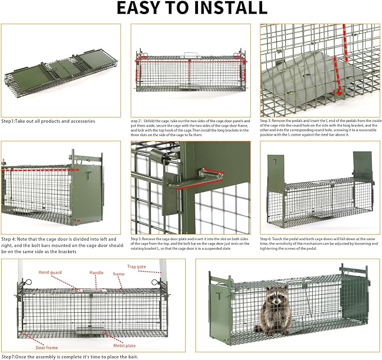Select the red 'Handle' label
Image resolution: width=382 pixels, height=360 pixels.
[96, 272]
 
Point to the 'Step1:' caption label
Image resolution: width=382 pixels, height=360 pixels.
[10, 121]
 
